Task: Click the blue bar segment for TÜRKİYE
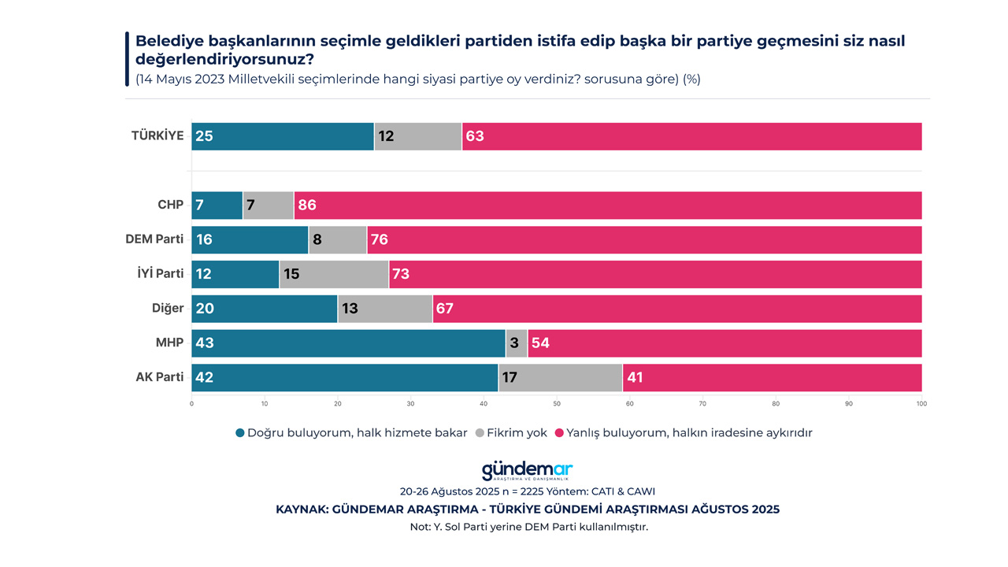pyautogui.click(x=283, y=136)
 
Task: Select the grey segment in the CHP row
pyautogui.click(x=269, y=205)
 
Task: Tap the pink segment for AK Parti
pyautogui.click(x=772, y=377)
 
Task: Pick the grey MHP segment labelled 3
pyautogui.click(x=517, y=343)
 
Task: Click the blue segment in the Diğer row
pyautogui.click(x=265, y=309)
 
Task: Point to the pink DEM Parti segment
pyautogui.click(x=644, y=239)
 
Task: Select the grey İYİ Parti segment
pyautogui.click(x=334, y=274)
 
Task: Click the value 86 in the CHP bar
pyautogui.click(x=307, y=206)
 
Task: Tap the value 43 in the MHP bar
pyautogui.click(x=205, y=343)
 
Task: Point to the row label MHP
pyautogui.click(x=169, y=343)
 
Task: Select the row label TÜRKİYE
pyautogui.click(x=157, y=135)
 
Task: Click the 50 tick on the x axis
pyautogui.click(x=557, y=404)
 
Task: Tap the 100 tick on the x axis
pyautogui.click(x=921, y=404)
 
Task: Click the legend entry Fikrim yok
pyautogui.click(x=517, y=433)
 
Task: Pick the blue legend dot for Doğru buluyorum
pyautogui.click(x=239, y=433)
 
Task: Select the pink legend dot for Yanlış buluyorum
pyautogui.click(x=559, y=433)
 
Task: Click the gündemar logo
pyautogui.click(x=527, y=471)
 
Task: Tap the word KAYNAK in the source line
pyautogui.click(x=302, y=510)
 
